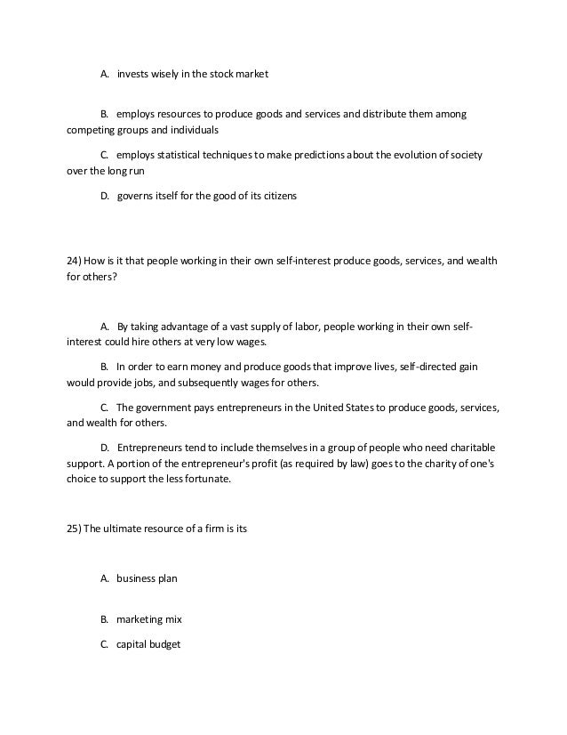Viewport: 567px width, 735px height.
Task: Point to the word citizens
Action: [276, 196]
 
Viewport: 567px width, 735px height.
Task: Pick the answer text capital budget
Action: [148, 644]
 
